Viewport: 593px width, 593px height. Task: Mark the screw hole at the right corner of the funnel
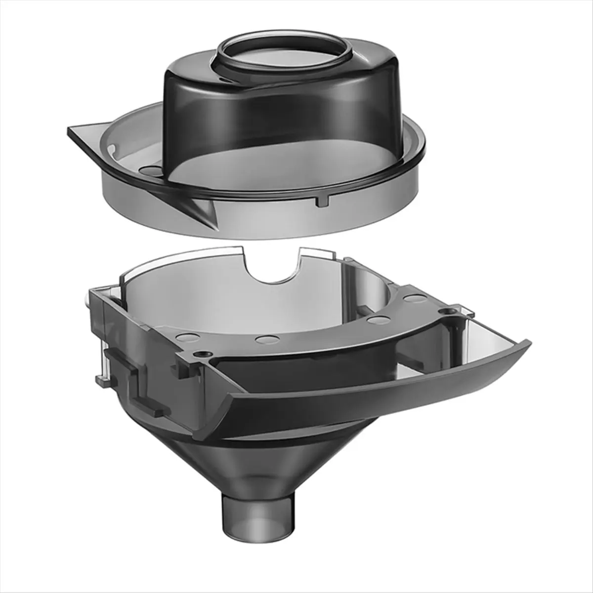pos(448,312)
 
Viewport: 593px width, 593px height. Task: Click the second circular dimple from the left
pos(267,340)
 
